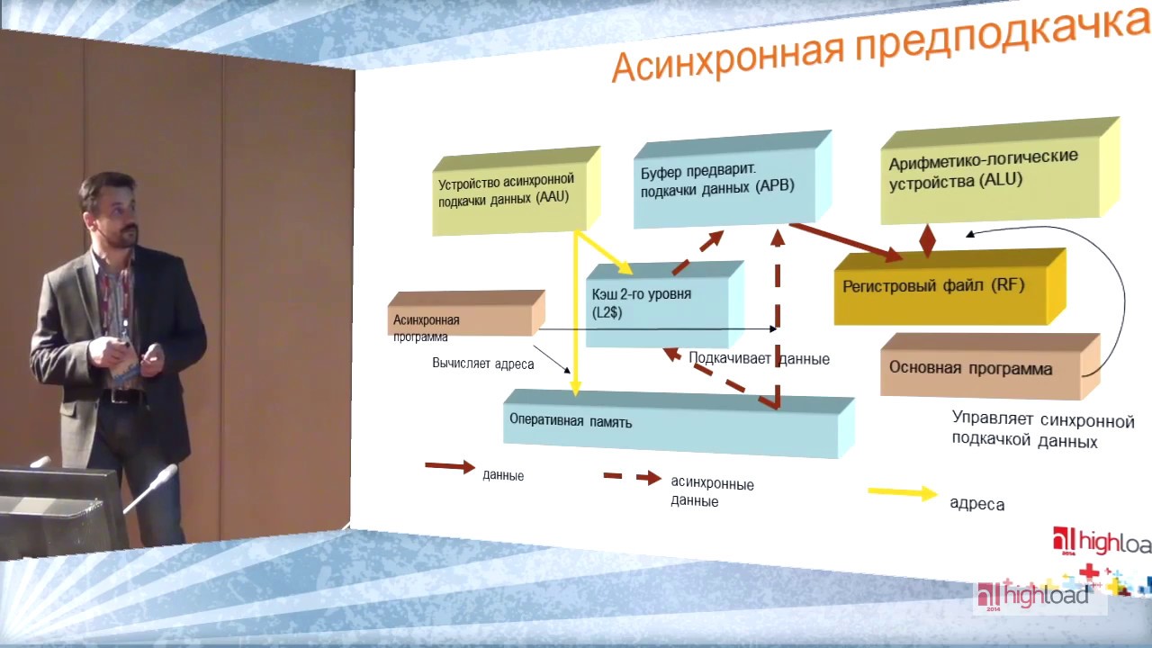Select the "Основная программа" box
pyautogui.click(x=981, y=367)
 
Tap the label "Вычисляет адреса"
pyautogui.click(x=483, y=364)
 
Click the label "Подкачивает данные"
pyautogui.click(x=759, y=358)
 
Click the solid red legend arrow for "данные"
pyautogui.click(x=449, y=466)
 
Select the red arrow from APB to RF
pyautogui.click(x=846, y=242)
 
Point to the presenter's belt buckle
pyautogui.click(x=121, y=396)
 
